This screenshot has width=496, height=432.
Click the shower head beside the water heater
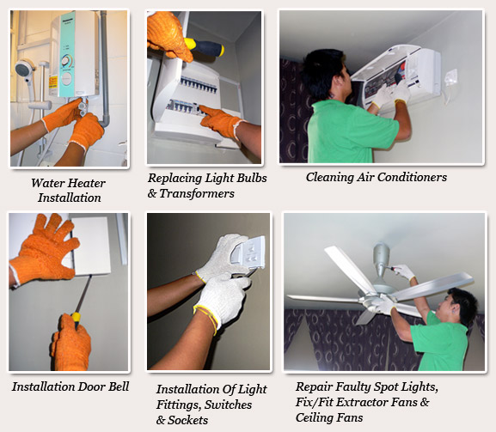click(x=25, y=69)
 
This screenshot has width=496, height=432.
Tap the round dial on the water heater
click(x=67, y=60)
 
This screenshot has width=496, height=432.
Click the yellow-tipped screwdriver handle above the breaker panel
click(x=205, y=47)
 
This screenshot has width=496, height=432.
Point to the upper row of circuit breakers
click(x=199, y=85)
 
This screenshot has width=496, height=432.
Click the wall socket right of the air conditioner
click(x=450, y=78)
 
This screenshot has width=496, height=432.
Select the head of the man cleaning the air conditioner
click(x=325, y=74)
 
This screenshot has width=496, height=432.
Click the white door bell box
click(x=91, y=246)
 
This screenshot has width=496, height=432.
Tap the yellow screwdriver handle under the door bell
click(x=76, y=319)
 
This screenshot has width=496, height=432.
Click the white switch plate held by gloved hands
click(x=248, y=253)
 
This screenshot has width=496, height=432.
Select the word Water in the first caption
click(x=48, y=183)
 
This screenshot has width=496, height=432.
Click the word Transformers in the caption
click(x=197, y=193)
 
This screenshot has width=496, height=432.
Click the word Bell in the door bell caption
click(x=119, y=386)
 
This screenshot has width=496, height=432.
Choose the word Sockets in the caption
click(x=188, y=420)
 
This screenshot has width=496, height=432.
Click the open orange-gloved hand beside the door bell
click(x=45, y=250)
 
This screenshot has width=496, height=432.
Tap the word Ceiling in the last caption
click(x=314, y=417)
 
